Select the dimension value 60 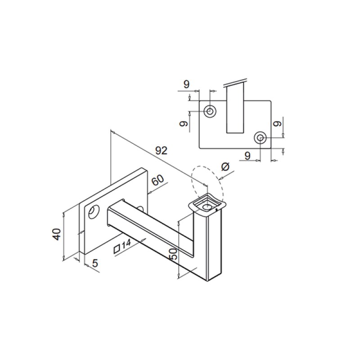pos(157,181)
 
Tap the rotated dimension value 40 pos(56,234)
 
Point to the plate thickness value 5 pos(95,263)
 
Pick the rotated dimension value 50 pos(173,255)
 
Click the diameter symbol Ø pos(226,167)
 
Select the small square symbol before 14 pos(117,248)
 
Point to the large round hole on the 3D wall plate pos(94,211)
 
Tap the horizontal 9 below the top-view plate pos(247,156)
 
